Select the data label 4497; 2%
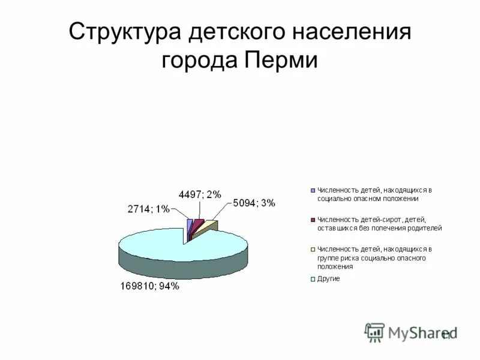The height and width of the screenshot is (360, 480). [200, 194]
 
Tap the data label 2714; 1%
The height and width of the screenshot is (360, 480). [148, 209]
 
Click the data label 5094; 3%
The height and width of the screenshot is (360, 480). [254, 203]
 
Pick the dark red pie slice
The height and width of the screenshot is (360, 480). [197, 225]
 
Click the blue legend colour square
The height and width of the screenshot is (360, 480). [313, 190]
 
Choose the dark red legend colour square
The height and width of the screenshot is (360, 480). [313, 220]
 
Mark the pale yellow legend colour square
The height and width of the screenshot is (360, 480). [313, 249]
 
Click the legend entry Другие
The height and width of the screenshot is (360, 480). [329, 278]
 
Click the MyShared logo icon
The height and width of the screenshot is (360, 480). [374, 332]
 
